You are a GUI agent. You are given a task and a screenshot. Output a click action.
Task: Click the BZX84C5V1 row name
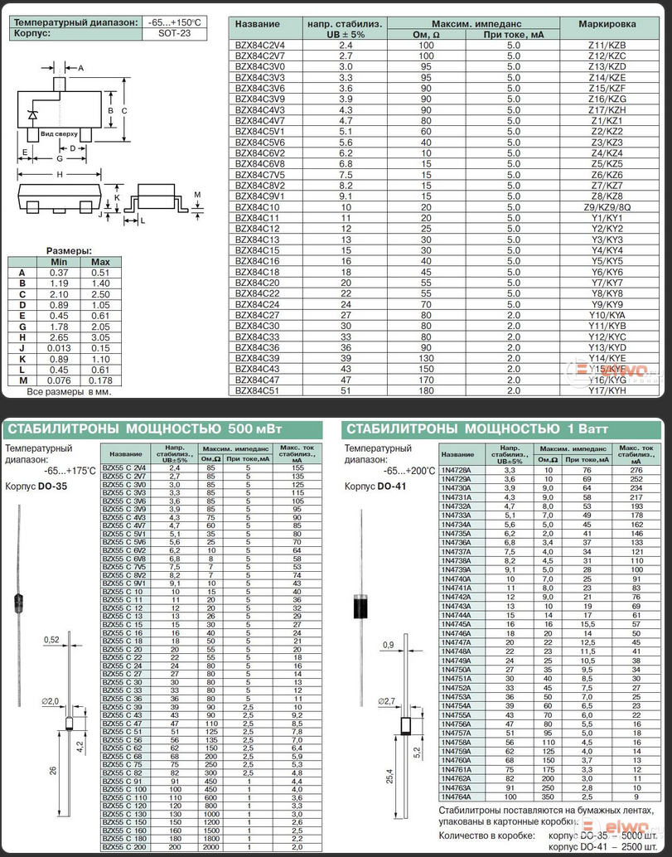point(260,131)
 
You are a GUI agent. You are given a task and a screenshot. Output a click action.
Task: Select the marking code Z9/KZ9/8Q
point(607,207)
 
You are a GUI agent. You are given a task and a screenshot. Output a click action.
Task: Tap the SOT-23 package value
point(173,34)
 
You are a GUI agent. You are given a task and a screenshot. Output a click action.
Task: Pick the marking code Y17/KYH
point(607,390)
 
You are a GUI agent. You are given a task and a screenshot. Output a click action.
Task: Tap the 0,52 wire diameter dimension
point(53,639)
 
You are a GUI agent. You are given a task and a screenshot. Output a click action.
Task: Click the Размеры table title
point(69,250)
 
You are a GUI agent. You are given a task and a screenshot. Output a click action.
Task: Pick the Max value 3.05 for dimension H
point(100,337)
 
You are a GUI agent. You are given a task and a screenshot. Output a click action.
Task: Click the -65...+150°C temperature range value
point(173,22)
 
